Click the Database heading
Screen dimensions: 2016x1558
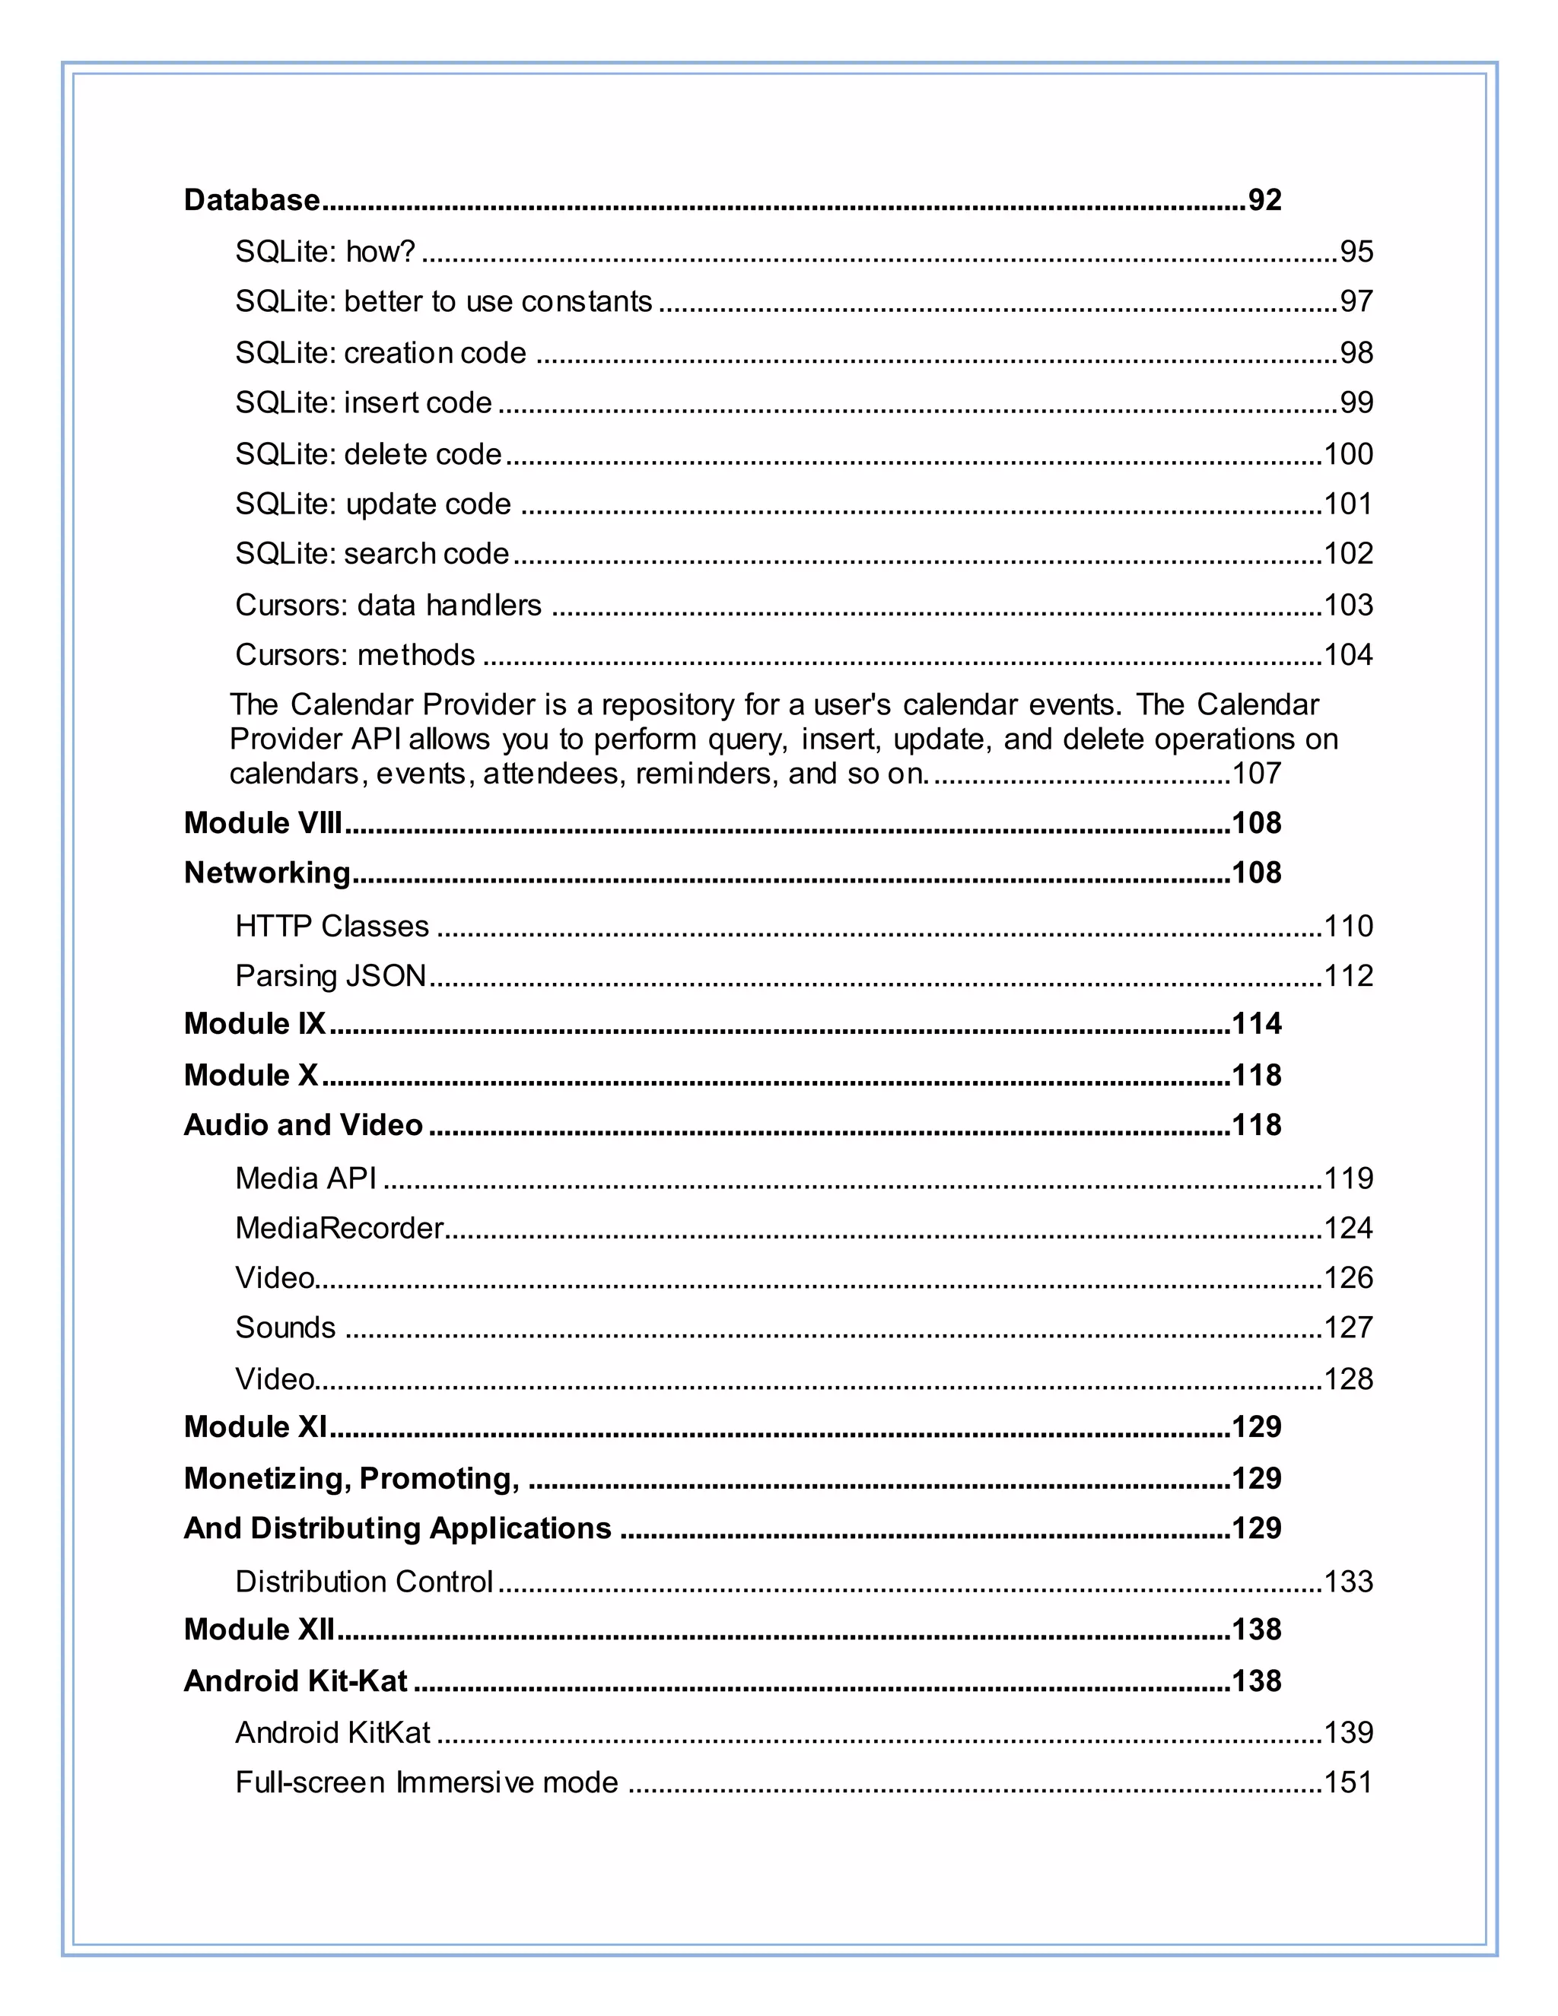pos(251,200)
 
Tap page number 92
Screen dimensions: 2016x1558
pos(1264,200)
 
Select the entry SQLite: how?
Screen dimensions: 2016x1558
pos(325,251)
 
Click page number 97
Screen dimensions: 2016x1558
pos(1356,301)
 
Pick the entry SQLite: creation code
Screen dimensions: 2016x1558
pos(380,353)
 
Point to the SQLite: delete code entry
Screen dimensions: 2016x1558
pos(368,454)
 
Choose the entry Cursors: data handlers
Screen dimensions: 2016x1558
pos(388,605)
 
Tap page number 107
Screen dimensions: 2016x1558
pos(1256,773)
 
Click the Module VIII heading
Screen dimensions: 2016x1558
pos(262,822)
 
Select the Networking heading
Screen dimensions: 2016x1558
pos(267,873)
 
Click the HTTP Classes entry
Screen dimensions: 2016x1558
pos(332,926)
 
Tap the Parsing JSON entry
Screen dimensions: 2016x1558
pos(330,976)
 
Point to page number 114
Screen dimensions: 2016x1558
pos(1256,1024)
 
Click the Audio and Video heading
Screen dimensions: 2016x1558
pos(303,1124)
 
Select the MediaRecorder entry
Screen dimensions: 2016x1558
pos(339,1228)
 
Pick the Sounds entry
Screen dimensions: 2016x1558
pos(285,1328)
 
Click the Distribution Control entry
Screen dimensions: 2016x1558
pos(364,1582)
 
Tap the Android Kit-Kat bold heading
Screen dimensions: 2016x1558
pos(295,1681)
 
